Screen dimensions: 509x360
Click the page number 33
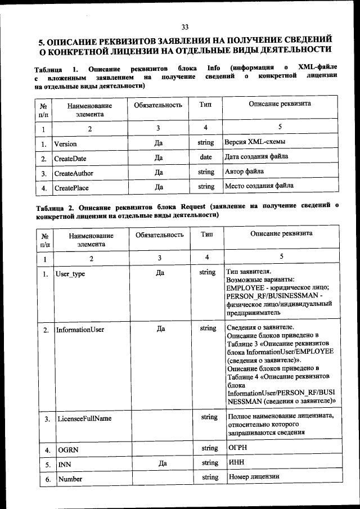coord(185,27)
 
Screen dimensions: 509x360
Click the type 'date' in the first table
coord(206,157)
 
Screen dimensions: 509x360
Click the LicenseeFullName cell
coord(83,419)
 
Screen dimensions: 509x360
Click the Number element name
coord(70,479)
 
